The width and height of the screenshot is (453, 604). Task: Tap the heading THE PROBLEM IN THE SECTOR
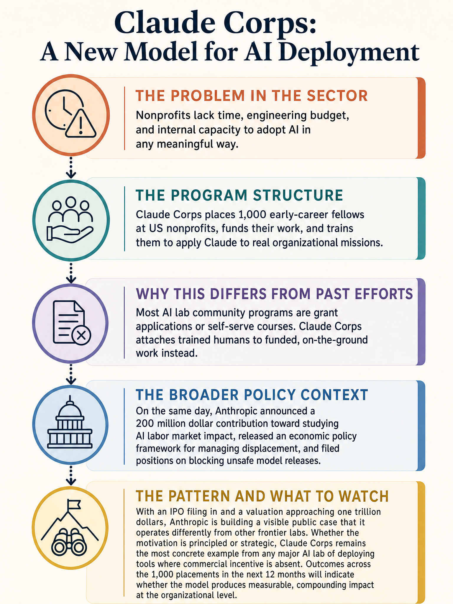point(252,96)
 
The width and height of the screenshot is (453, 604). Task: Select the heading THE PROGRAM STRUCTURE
point(239,195)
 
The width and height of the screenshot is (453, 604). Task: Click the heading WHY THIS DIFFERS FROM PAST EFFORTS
point(274,294)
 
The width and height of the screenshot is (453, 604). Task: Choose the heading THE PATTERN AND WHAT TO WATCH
point(262,496)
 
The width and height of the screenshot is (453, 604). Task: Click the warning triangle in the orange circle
point(81,124)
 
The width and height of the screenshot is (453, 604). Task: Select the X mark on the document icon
point(81,335)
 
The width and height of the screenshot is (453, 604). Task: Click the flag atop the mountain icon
point(73,505)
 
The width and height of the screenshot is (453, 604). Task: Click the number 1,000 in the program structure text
point(250,215)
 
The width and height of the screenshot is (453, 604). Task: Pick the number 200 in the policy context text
point(145,424)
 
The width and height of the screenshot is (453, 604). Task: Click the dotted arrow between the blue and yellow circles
point(70,475)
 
